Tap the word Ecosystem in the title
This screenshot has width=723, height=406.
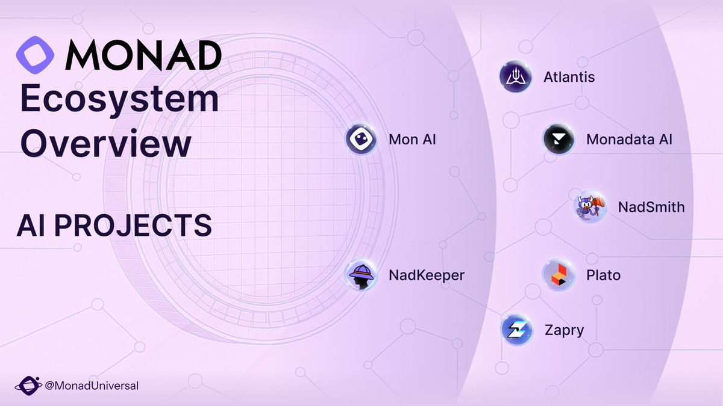coord(119,100)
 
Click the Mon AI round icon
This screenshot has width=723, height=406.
coord(361,140)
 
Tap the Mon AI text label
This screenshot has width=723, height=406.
coord(412,140)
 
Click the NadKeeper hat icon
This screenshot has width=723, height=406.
coord(361,275)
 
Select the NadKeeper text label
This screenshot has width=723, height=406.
coord(427,275)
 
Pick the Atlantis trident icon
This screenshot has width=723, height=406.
coord(516,77)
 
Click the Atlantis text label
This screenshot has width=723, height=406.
coord(569,77)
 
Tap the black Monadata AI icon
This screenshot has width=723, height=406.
coord(559,140)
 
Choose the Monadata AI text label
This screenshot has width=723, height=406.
coord(629,140)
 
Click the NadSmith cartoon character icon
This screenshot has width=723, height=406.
coord(590,208)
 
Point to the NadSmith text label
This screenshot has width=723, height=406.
coord(651,208)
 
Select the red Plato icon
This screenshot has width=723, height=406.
coord(559,275)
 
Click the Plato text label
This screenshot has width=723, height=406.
coord(603,275)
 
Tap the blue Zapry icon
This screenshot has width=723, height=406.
coord(518,330)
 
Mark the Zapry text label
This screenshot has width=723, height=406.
coord(564,330)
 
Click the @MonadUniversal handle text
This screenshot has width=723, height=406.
coord(92,386)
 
